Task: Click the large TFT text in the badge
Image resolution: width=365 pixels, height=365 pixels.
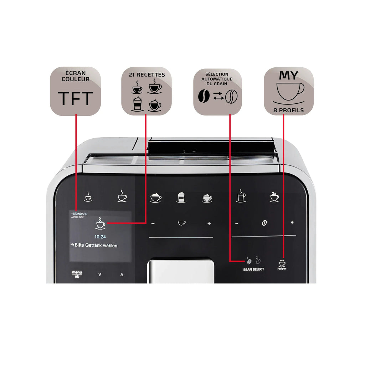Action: tap(75, 98)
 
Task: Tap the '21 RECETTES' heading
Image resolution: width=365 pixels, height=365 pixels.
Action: tap(146, 75)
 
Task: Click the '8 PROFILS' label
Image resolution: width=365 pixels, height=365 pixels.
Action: tap(289, 110)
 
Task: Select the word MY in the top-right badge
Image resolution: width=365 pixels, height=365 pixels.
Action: tap(289, 76)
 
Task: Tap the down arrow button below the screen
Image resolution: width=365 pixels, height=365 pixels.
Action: tap(99, 274)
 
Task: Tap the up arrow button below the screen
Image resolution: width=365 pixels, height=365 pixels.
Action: tap(122, 274)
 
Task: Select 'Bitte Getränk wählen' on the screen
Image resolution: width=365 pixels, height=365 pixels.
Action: tap(94, 246)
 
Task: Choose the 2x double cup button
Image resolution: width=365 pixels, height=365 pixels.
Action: tap(274, 197)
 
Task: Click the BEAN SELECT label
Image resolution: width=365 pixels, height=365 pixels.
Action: tap(254, 269)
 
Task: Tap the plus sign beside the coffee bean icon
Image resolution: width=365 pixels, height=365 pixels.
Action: tap(292, 222)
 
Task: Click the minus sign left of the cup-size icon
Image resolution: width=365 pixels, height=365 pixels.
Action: tap(153, 223)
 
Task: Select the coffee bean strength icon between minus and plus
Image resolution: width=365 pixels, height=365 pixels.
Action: tap(264, 223)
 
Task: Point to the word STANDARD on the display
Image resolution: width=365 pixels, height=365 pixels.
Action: tap(80, 214)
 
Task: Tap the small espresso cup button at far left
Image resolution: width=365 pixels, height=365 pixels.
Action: tap(88, 197)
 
